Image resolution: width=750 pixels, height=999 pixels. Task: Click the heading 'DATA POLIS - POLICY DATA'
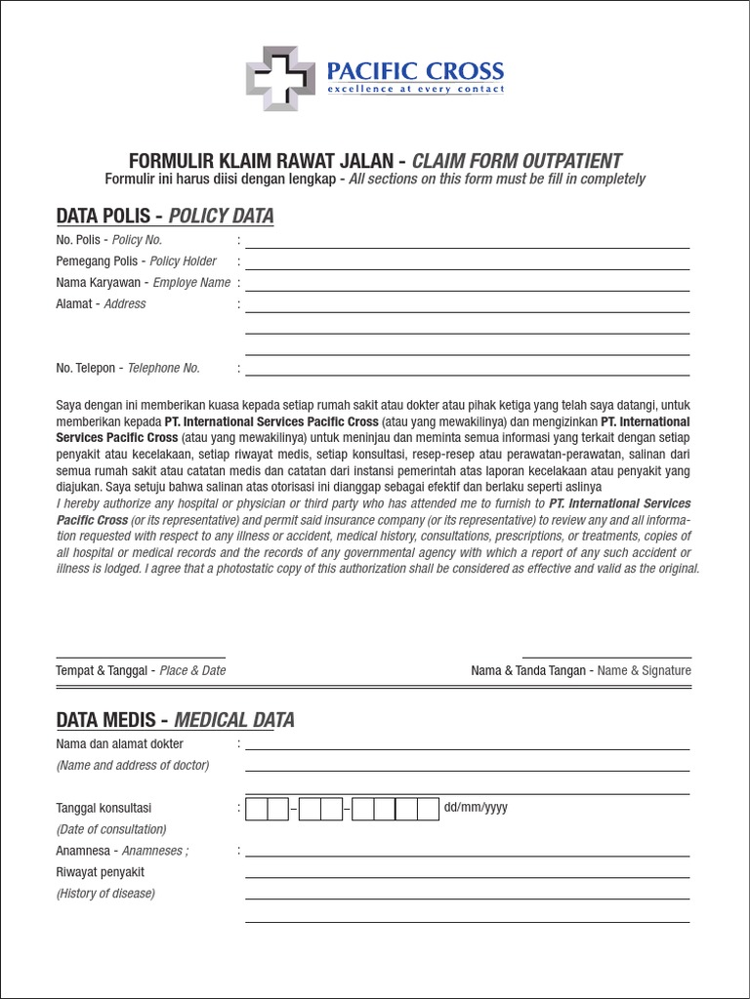pos(165,216)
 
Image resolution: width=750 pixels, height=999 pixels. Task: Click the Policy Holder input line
pos(467,267)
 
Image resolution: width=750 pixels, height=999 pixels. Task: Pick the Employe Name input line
pos(467,289)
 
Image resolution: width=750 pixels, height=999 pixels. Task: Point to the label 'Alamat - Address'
pos(101,304)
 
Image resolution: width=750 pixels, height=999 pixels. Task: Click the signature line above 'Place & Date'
pos(141,656)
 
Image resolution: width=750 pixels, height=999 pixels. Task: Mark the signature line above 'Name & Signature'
pos(606,656)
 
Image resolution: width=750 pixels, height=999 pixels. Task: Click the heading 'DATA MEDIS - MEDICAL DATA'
pos(175,721)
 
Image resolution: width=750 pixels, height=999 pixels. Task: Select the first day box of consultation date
pos(257,809)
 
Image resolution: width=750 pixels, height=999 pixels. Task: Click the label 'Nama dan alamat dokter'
pos(119,744)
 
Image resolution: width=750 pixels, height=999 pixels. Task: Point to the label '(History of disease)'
pos(105,894)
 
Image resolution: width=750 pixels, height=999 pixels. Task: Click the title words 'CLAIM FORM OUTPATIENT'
pos(517,161)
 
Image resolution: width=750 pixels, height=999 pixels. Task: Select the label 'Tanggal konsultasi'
pos(104,809)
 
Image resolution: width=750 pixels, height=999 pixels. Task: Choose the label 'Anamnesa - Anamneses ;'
pos(122,851)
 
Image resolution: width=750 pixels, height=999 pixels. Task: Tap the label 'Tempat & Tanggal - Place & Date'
pos(141,671)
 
